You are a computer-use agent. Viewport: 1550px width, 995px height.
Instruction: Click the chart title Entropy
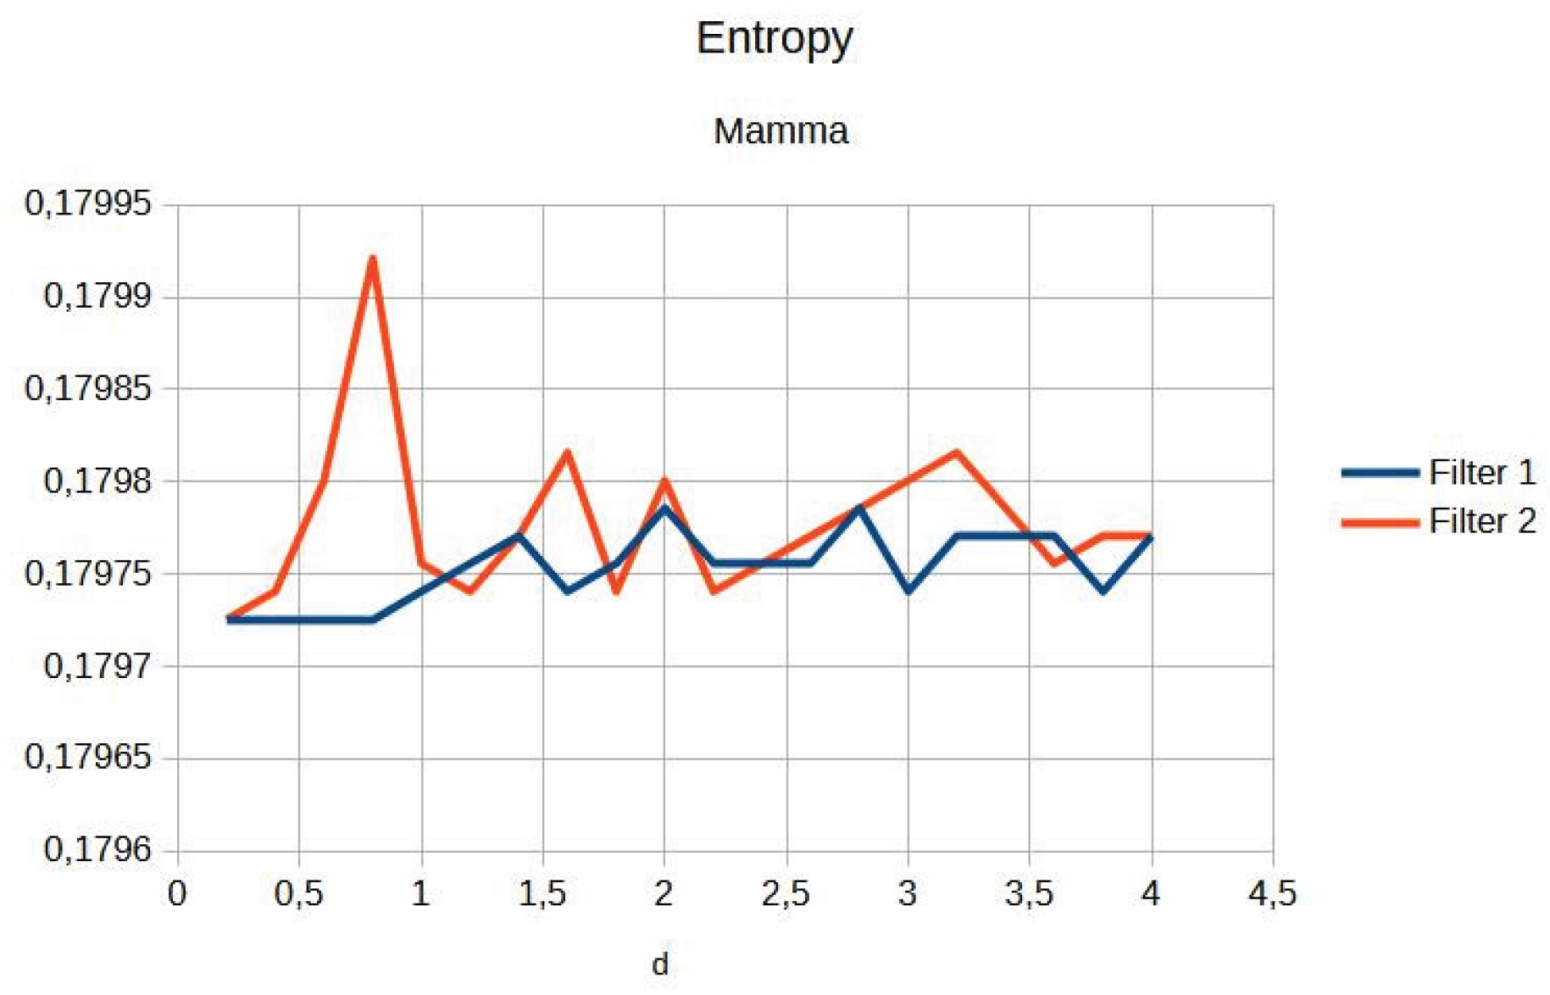coord(774,39)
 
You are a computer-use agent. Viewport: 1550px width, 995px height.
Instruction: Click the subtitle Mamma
coord(781,131)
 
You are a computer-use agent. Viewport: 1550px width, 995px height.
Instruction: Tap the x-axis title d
coord(660,964)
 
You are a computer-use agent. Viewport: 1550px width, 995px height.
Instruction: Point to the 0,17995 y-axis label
coord(88,203)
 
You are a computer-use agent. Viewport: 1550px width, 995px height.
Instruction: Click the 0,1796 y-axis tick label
coord(97,849)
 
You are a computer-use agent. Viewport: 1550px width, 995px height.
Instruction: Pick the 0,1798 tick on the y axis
coord(97,481)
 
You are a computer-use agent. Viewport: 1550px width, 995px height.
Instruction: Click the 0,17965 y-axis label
coord(88,756)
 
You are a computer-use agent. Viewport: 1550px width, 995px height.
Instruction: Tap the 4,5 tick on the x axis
coord(1271,893)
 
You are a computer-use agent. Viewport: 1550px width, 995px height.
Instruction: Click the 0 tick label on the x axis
coord(177,893)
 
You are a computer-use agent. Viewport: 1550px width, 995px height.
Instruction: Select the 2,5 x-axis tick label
coord(786,893)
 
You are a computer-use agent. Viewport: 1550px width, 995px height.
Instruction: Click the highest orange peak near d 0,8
coord(373,258)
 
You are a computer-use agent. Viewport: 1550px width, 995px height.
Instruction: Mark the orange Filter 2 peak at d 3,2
coord(957,453)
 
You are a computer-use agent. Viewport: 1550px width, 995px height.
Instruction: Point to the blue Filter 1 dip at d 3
coord(908,590)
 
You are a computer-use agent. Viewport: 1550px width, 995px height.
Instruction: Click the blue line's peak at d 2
coord(665,508)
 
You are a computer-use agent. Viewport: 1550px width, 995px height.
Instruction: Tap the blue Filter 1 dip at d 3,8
coord(1103,590)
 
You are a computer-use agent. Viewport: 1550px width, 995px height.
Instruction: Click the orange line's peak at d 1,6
coord(567,453)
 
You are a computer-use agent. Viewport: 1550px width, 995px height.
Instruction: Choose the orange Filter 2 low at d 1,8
coord(616,591)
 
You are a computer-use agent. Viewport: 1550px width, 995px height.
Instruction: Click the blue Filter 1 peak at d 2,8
coord(860,509)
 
